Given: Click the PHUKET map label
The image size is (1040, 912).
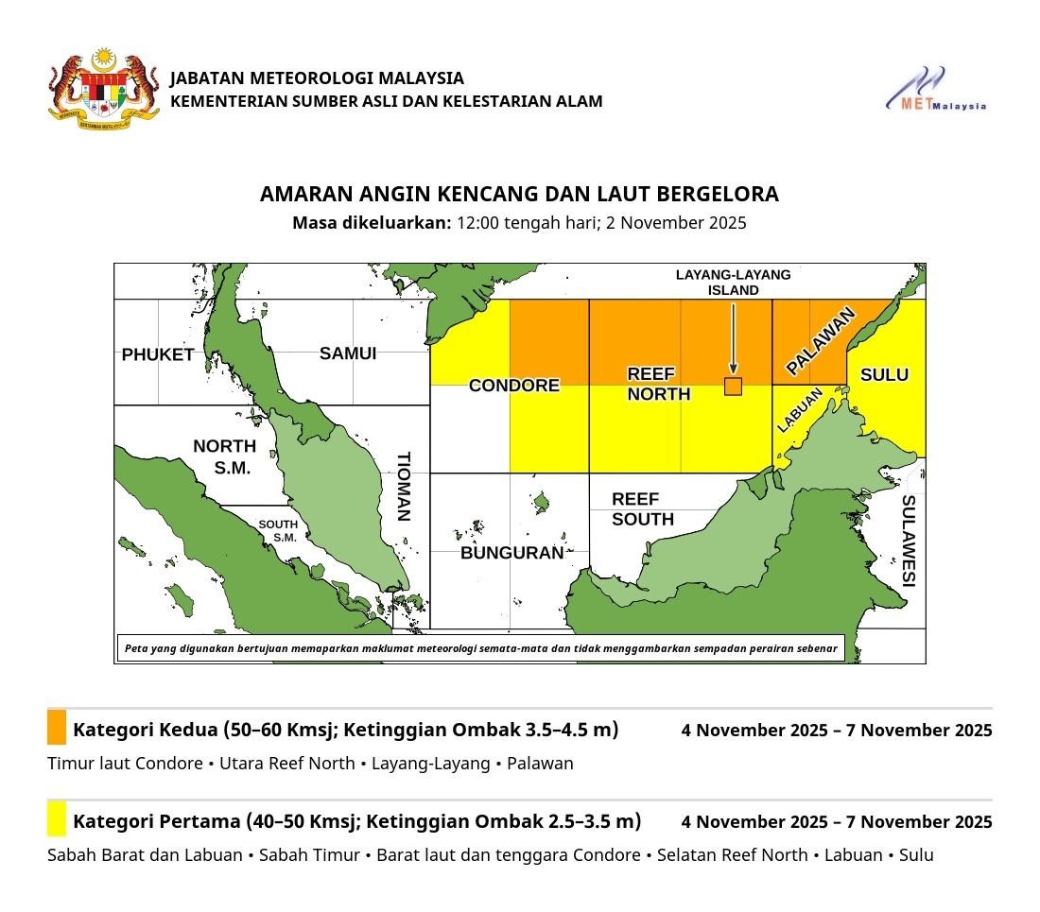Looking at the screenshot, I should tap(157, 355).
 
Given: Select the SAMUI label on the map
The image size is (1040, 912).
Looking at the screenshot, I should tap(347, 353).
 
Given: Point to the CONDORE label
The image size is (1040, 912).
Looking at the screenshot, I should tap(514, 386).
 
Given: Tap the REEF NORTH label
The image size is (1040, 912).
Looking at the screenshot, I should tap(658, 385).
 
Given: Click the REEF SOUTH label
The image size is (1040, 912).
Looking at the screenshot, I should tap(642, 508).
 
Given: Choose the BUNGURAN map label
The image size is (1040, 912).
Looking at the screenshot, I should tap(511, 553).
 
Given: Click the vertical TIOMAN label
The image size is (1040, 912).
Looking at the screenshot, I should tap(404, 486).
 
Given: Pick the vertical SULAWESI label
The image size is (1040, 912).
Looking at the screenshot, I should tap(908, 541).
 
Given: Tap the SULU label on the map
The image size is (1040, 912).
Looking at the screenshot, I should tap(884, 375).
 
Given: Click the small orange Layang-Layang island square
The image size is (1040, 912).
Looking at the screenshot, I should tap(733, 386).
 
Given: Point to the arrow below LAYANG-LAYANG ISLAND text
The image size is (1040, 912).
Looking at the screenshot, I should tap(733, 336).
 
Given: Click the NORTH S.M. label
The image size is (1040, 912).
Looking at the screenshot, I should tap(224, 456).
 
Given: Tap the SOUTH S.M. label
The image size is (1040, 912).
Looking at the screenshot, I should tap(278, 530).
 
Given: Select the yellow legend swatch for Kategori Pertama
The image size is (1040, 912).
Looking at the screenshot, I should tap(57, 818).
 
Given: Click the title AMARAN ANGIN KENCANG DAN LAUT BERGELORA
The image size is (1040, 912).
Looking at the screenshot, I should tap(519, 194).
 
